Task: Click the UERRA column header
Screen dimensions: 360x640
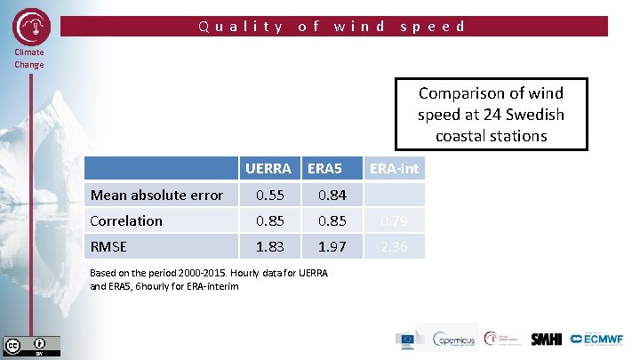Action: click(x=268, y=168)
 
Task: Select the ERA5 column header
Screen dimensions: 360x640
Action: click(x=326, y=168)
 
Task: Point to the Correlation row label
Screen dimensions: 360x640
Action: click(x=127, y=220)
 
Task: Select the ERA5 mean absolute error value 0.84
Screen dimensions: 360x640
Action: click(x=326, y=195)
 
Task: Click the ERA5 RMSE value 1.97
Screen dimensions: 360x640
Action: click(x=326, y=246)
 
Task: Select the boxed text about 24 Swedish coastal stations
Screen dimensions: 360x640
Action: click(x=491, y=114)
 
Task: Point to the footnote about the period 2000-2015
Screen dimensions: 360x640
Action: click(x=208, y=278)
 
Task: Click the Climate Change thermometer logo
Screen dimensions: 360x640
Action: click(x=32, y=27)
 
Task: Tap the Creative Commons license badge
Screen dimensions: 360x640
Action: click(x=32, y=345)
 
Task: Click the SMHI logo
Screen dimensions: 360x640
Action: click(x=546, y=339)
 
